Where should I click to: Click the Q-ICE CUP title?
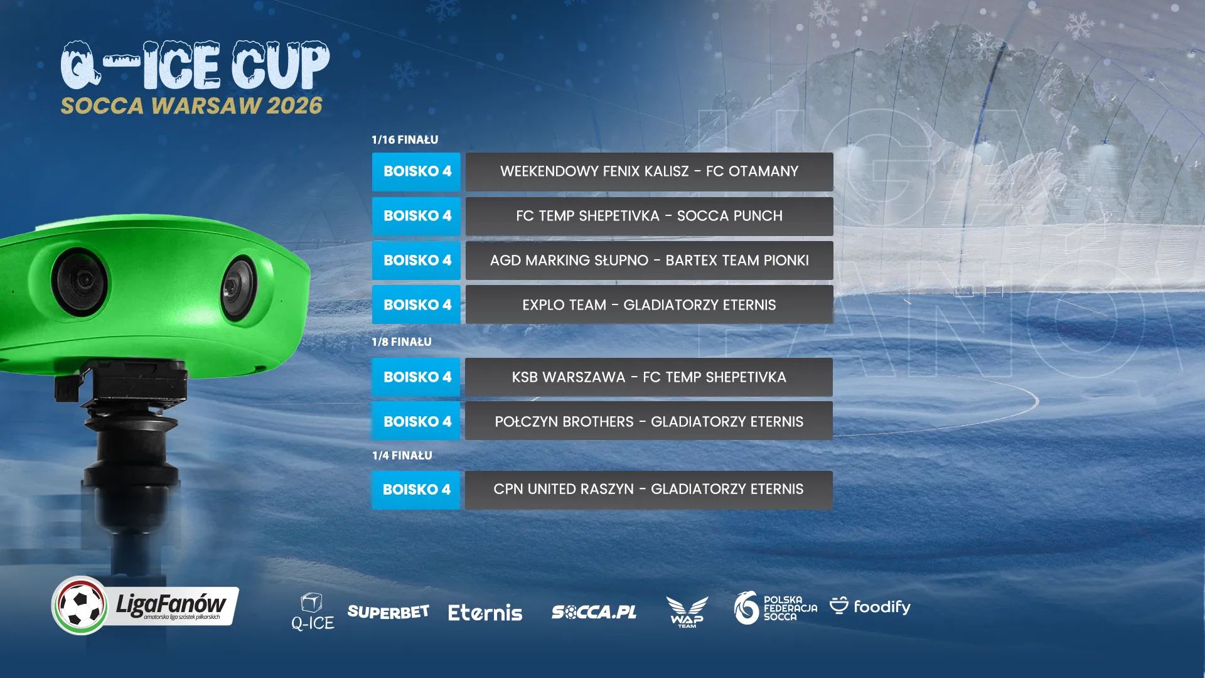(195, 66)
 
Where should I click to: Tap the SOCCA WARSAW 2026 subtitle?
(191, 105)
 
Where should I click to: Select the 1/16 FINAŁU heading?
(405, 139)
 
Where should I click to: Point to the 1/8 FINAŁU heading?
(402, 342)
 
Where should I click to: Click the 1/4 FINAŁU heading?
(402, 455)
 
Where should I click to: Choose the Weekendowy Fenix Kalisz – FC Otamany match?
(649, 171)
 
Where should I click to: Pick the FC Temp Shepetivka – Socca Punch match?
(649, 216)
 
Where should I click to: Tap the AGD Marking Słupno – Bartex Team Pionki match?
(649, 261)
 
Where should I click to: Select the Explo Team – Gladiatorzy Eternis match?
(649, 305)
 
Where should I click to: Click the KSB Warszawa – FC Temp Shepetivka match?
(649, 377)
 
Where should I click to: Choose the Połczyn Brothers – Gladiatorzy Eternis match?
(649, 421)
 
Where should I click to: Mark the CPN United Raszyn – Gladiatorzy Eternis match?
(649, 489)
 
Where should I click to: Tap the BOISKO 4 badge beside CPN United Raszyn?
(416, 490)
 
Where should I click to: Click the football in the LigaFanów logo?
(80, 605)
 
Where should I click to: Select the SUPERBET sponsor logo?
(388, 612)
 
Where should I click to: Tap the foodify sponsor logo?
(870, 606)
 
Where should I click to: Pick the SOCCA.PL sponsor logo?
(594, 612)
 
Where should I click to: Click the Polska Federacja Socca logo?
(776, 608)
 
